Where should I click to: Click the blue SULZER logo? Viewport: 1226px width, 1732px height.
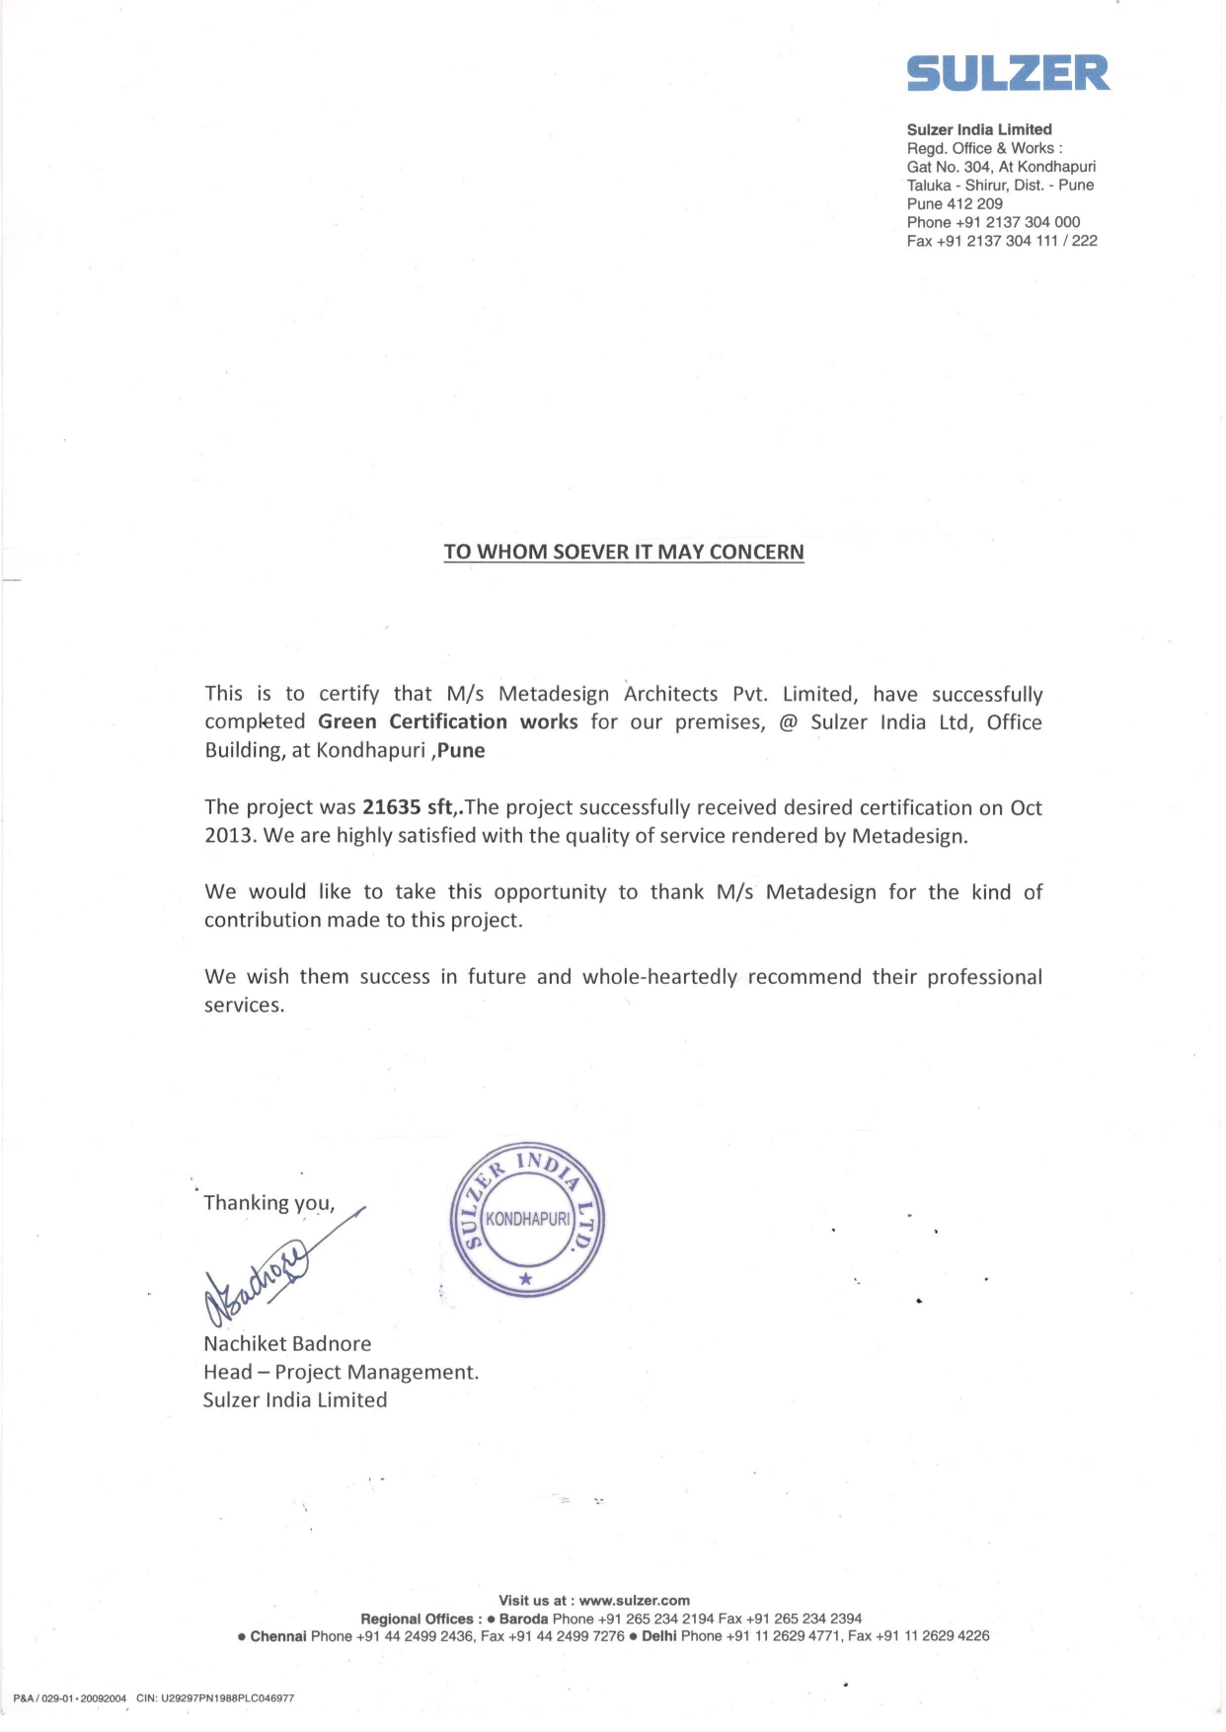point(1008,73)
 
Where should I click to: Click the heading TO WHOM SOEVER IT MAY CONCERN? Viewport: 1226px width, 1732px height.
point(624,552)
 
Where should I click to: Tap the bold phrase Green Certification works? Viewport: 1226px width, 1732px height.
point(448,721)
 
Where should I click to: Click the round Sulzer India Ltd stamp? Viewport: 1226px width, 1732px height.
point(527,1220)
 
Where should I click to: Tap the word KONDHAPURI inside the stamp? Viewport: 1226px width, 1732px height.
point(527,1219)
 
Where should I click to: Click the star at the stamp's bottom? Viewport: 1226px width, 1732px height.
point(526,1278)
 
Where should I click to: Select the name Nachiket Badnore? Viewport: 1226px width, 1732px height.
point(287,1343)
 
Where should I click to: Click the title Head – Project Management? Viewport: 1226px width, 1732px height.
point(341,1372)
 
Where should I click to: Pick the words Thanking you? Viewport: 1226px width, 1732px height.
point(268,1202)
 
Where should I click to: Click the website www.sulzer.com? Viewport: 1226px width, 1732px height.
point(635,1600)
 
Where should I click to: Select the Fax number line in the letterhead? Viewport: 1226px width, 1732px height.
point(1001,241)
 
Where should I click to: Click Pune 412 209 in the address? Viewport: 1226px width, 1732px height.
point(955,203)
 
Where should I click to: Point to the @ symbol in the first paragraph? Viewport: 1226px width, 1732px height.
point(788,722)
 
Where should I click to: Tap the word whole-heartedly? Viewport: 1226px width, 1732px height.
point(659,977)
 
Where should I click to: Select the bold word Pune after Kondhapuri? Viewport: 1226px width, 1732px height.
point(461,750)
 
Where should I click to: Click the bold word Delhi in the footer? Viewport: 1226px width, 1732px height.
point(659,1635)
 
